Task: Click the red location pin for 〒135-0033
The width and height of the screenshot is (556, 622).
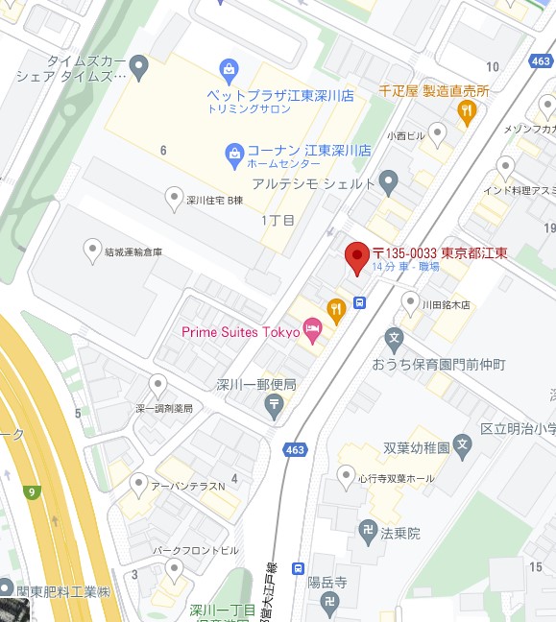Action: click(357, 256)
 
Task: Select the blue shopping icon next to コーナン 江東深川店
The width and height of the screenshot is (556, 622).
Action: click(233, 152)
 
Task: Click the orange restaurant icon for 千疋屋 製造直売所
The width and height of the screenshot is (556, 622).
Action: click(466, 112)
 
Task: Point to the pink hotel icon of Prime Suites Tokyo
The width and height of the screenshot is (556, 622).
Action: click(313, 331)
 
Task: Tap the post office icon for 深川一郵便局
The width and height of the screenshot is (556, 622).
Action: click(276, 406)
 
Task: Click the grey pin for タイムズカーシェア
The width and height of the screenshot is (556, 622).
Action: click(140, 67)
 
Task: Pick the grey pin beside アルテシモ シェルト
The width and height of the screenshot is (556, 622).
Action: click(388, 179)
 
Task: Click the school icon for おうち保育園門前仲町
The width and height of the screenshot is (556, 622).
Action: click(393, 338)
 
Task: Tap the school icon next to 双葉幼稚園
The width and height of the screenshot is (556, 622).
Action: click(463, 445)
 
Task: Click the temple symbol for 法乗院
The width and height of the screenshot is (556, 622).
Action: click(367, 529)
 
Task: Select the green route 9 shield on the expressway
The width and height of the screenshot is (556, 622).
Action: click(33, 493)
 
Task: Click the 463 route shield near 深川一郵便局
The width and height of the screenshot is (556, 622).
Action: click(295, 449)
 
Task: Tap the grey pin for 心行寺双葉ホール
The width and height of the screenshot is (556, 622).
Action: click(346, 473)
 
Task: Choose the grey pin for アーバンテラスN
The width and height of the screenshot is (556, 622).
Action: click(139, 482)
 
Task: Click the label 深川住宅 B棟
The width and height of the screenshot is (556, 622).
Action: click(215, 201)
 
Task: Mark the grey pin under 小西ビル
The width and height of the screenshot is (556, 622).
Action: click(439, 133)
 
